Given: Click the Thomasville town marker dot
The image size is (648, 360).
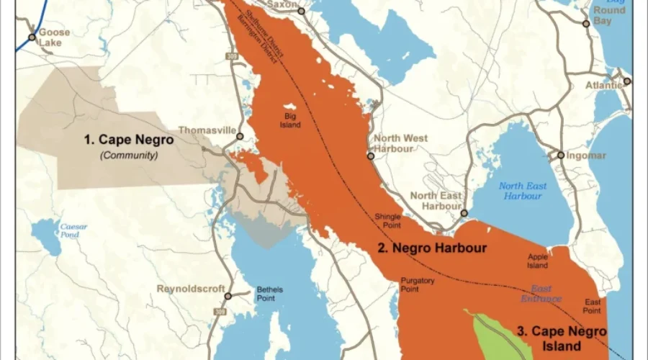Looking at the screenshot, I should click(240, 135).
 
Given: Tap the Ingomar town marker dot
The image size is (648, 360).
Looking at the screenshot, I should click(561, 155).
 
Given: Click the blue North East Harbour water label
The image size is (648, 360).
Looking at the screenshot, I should click(523, 191).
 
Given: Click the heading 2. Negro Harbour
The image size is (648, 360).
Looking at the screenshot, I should click(433, 248).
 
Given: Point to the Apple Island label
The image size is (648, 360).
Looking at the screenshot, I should click(538, 261).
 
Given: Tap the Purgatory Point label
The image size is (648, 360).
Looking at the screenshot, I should click(410, 284).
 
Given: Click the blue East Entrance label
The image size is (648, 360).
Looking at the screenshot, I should click(541, 294).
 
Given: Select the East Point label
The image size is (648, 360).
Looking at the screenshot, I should click(592, 306).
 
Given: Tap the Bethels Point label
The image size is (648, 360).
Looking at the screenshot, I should click(270, 294).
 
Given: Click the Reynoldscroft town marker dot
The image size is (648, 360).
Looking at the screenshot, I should click(228, 295).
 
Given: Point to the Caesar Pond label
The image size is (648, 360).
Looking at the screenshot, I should click(73, 230).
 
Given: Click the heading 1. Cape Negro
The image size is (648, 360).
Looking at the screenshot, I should click(129, 140).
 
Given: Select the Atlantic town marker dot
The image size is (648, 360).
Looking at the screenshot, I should click(627, 81).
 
